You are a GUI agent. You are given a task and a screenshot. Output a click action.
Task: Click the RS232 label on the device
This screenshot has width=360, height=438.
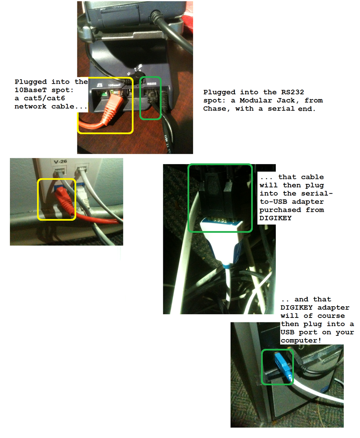[x=152, y=84]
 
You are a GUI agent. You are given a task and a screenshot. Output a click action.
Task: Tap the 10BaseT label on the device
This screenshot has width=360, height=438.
[x=114, y=85]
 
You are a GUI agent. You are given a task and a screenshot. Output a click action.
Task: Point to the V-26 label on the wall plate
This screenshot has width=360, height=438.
[x=60, y=161]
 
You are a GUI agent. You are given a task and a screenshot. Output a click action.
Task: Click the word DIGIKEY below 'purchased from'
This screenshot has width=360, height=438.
[x=275, y=218]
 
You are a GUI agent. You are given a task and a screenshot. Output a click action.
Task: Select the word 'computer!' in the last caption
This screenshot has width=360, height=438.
[x=301, y=340]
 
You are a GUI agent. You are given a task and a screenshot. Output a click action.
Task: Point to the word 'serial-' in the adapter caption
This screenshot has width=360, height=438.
[x=317, y=193]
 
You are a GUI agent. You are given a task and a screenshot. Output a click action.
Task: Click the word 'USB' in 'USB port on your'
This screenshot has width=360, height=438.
[x=288, y=332]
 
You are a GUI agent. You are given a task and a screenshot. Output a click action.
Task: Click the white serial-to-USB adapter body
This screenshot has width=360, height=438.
[x=220, y=240]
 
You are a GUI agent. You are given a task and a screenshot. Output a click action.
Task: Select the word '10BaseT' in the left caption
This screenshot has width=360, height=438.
[x=31, y=90]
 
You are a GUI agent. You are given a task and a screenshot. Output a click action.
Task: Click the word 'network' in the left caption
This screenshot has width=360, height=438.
[x=31, y=107]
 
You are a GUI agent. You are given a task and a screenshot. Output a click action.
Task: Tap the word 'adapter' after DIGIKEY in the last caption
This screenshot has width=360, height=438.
[x=333, y=308]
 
